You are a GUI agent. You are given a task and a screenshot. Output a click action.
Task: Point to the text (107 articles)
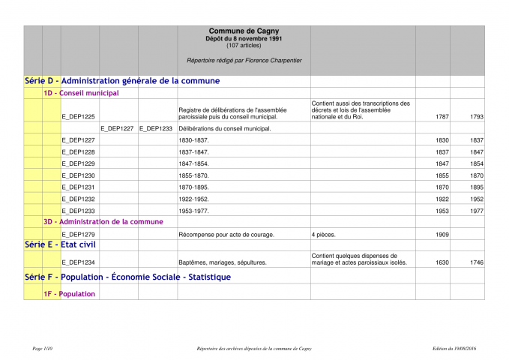tap(244, 45)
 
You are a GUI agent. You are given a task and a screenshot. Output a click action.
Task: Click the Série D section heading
tap(122, 80)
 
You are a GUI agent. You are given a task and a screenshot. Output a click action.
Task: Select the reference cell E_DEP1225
tap(79, 117)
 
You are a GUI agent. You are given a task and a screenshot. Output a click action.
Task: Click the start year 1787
tap(442, 117)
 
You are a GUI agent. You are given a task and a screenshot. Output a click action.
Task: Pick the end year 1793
tap(477, 117)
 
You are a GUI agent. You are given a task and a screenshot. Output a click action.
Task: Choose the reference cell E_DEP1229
tap(79, 163)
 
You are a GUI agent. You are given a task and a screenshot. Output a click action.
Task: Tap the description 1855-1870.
tap(193, 175)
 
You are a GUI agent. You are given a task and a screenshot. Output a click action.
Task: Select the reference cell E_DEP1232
tap(79, 199)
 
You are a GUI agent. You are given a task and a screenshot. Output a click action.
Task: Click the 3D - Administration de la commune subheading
tap(103, 222)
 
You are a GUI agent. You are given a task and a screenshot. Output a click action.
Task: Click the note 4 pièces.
tap(324, 235)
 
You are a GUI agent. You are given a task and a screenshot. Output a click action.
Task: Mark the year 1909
tap(442, 235)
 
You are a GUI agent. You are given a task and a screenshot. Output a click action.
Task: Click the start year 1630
tap(442, 262)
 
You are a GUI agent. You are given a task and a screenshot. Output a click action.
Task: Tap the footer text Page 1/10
tap(43, 349)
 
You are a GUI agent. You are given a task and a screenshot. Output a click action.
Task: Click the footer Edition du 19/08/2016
tap(454, 349)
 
